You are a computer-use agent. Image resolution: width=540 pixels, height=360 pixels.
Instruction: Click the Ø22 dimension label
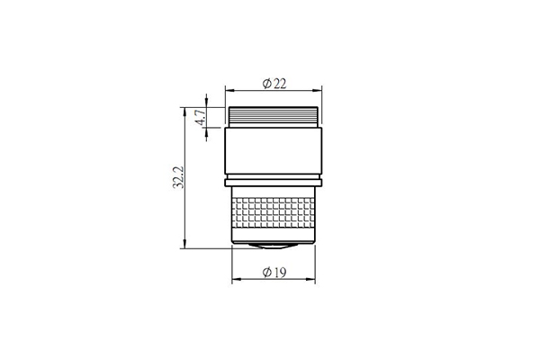pyautogui.click(x=274, y=84)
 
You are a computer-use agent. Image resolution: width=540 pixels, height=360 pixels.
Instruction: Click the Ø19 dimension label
pyautogui.click(x=274, y=273)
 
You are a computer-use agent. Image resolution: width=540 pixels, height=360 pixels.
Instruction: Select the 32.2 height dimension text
pyautogui.click(x=178, y=177)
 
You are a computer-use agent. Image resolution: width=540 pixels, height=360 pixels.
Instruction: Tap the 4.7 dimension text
pyautogui.click(x=201, y=118)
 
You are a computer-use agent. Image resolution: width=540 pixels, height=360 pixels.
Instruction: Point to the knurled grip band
pyautogui.click(x=274, y=212)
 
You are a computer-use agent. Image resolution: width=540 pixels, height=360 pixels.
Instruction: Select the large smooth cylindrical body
pyautogui.click(x=274, y=150)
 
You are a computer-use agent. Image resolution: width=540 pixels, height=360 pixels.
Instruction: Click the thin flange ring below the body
pyautogui.click(x=274, y=183)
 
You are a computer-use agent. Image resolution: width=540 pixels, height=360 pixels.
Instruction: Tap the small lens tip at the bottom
pyautogui.click(x=274, y=246)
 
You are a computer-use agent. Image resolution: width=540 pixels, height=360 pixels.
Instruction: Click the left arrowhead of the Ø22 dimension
pyautogui.click(x=229, y=91)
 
